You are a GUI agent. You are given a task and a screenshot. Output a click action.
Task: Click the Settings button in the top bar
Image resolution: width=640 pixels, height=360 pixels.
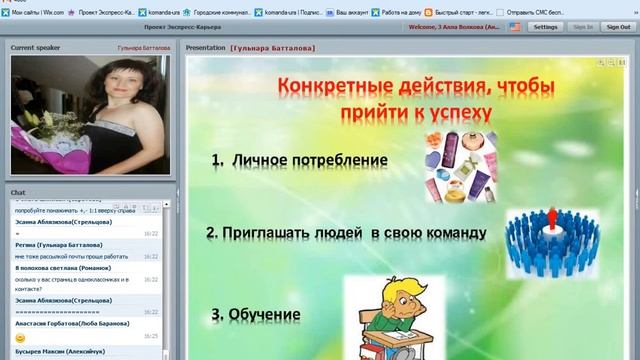545,27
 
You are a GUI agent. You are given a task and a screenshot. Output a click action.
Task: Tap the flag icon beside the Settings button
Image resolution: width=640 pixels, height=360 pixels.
514,27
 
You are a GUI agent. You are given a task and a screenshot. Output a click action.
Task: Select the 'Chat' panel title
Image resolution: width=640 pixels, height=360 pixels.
17,191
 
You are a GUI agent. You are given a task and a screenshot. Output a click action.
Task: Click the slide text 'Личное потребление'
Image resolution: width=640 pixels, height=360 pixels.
309,160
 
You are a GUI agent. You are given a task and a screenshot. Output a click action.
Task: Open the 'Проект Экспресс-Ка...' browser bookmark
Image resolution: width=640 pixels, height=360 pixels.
103,12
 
